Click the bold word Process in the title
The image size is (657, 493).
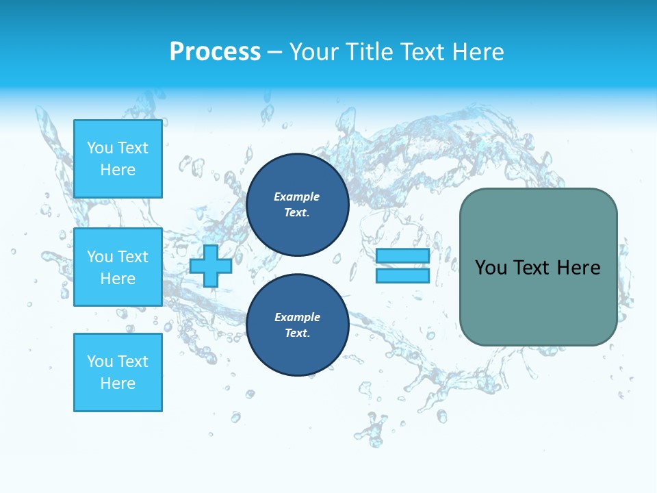pyautogui.click(x=215, y=52)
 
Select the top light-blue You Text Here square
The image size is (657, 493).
pyautogui.click(x=118, y=159)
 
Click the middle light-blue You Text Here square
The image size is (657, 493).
pyautogui.click(x=118, y=267)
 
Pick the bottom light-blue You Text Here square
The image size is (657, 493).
pyautogui.click(x=118, y=372)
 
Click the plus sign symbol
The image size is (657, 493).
pyautogui.click(x=211, y=266)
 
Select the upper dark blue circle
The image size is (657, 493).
pyautogui.click(x=297, y=205)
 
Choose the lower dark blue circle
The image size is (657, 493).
pyautogui.click(x=297, y=325)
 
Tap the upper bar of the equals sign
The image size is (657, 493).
pyautogui.click(x=402, y=256)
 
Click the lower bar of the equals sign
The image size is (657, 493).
pyautogui.click(x=402, y=276)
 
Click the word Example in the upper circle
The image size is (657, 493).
pyautogui.click(x=296, y=197)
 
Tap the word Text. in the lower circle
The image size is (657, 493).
pyautogui.click(x=297, y=333)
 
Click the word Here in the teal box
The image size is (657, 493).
pyautogui.click(x=578, y=268)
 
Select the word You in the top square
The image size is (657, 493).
pyautogui.click(x=100, y=148)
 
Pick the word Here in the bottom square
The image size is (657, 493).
pyautogui.click(x=118, y=383)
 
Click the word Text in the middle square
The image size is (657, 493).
pyautogui.click(x=132, y=257)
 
